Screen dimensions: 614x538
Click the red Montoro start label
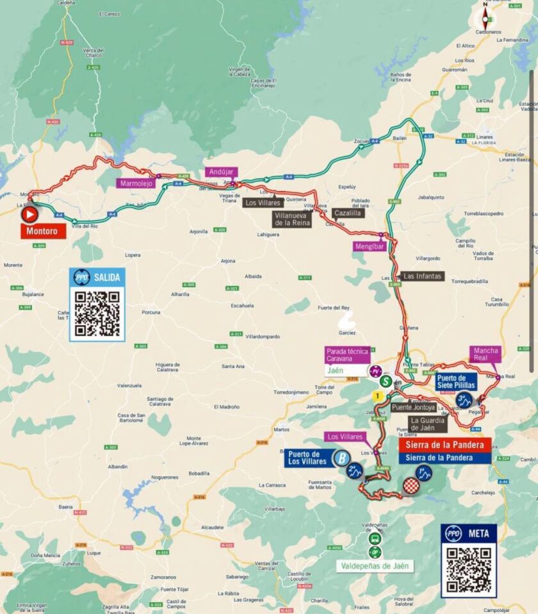click(43, 231)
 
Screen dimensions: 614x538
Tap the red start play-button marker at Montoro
click(29, 215)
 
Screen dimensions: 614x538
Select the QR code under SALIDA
click(97, 314)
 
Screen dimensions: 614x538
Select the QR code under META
click(469, 570)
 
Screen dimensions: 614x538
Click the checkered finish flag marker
click(411, 486)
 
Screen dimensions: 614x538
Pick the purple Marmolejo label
click(136, 183)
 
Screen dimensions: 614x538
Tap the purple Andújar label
click(222, 172)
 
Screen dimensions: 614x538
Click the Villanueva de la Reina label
click(291, 219)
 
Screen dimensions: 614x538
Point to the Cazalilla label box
click(348, 213)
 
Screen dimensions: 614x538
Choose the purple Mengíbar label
click(371, 246)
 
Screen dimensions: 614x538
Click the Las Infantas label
click(422, 276)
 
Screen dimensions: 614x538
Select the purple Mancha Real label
click(486, 354)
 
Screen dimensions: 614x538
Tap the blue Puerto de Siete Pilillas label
click(456, 382)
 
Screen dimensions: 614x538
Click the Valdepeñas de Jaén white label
click(374, 566)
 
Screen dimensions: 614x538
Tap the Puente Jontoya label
click(413, 407)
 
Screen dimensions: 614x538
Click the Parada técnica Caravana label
click(347, 355)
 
